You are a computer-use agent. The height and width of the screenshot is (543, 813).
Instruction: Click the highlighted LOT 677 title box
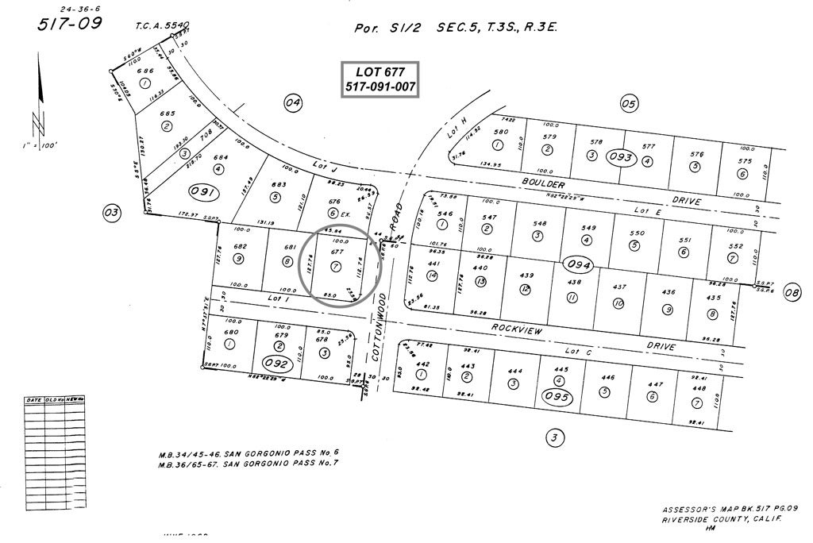[380, 79]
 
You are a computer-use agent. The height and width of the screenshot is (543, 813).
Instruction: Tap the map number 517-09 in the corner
[70, 23]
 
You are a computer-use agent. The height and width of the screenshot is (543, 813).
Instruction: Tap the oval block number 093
[621, 157]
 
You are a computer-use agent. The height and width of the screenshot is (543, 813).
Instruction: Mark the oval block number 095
[555, 397]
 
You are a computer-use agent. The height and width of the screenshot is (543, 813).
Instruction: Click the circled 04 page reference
[294, 102]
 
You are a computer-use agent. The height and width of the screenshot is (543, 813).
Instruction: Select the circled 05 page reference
[629, 102]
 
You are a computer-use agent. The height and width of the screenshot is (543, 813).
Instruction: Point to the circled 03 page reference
[111, 212]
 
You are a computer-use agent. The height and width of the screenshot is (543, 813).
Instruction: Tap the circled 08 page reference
[792, 292]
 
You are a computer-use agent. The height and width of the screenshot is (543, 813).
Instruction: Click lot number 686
[144, 71]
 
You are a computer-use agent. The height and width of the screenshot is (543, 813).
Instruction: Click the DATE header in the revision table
[34, 400]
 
